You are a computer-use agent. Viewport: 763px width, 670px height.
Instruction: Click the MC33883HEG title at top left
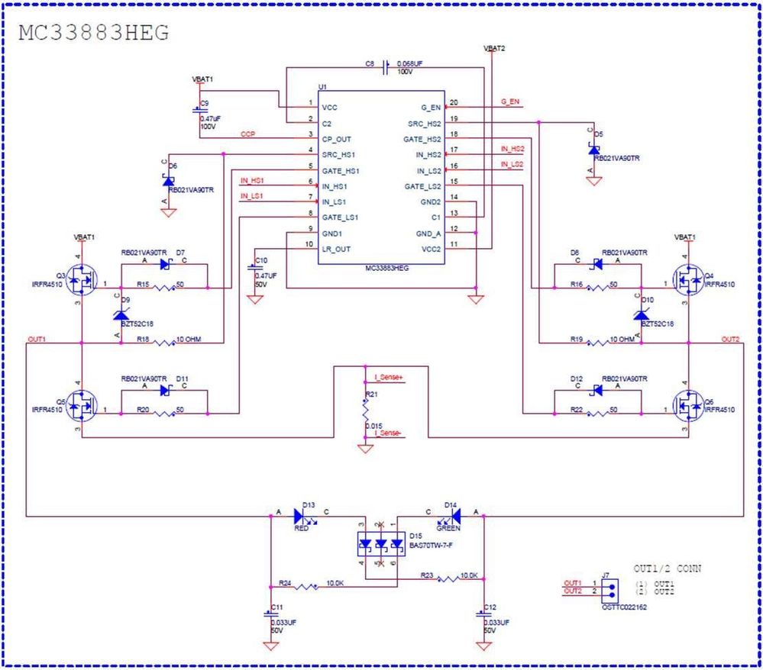tap(93, 33)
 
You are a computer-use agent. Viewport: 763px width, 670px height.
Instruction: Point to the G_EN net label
tap(510, 101)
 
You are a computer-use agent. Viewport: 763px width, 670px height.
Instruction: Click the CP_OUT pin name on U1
tap(337, 139)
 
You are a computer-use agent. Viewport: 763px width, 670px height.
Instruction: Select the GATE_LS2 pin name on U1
tap(423, 186)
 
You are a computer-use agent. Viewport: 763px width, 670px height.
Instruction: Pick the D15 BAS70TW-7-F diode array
tap(380, 544)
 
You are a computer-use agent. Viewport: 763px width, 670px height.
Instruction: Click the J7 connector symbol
tap(609, 588)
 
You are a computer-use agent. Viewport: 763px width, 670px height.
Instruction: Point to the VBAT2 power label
tap(494, 48)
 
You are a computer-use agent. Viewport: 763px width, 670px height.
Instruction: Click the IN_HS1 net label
tap(252, 181)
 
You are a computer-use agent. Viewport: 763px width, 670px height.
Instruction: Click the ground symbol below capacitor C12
tap(483, 646)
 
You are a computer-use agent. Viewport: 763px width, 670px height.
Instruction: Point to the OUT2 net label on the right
tap(731, 338)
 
